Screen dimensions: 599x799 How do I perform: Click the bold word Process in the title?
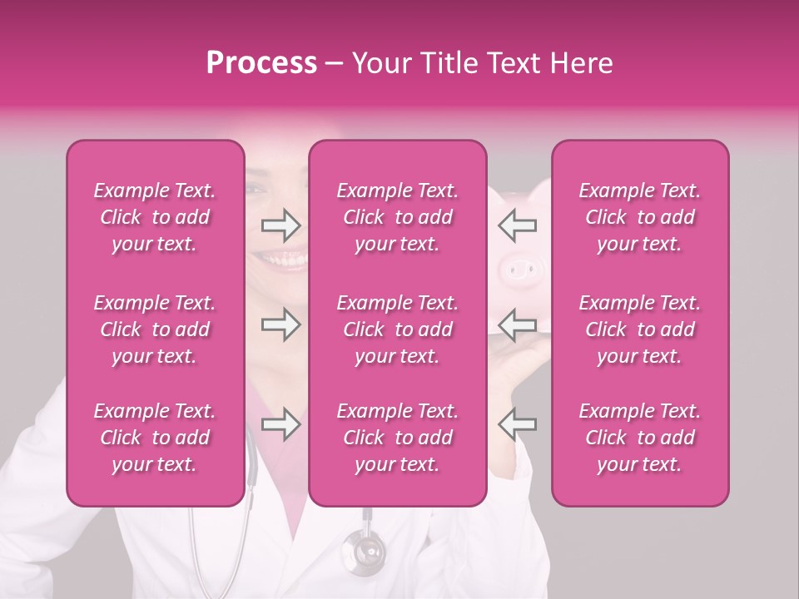coord(261,63)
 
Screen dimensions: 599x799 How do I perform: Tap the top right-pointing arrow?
coord(280,225)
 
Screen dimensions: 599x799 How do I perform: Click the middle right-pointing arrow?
coord(280,324)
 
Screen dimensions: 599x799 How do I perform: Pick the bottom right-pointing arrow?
coord(280,424)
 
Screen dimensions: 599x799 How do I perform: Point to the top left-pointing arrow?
coord(518,225)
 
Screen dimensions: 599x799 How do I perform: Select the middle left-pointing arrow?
coord(518,324)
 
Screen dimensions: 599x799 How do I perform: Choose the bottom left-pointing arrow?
coord(518,424)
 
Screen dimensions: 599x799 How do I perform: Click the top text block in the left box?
coord(155,217)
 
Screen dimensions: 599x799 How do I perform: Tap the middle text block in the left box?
coord(155,329)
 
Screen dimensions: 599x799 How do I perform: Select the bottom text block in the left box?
coord(155,438)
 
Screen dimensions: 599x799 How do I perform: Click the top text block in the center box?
coord(397,217)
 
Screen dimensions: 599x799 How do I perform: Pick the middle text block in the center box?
coord(397,329)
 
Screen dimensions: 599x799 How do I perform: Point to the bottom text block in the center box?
coord(397,438)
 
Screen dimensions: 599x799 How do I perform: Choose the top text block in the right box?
coord(639,217)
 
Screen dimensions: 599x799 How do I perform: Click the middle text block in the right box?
coord(639,329)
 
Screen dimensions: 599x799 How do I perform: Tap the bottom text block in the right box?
coord(639,438)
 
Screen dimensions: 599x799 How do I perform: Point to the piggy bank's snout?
coord(521,268)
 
